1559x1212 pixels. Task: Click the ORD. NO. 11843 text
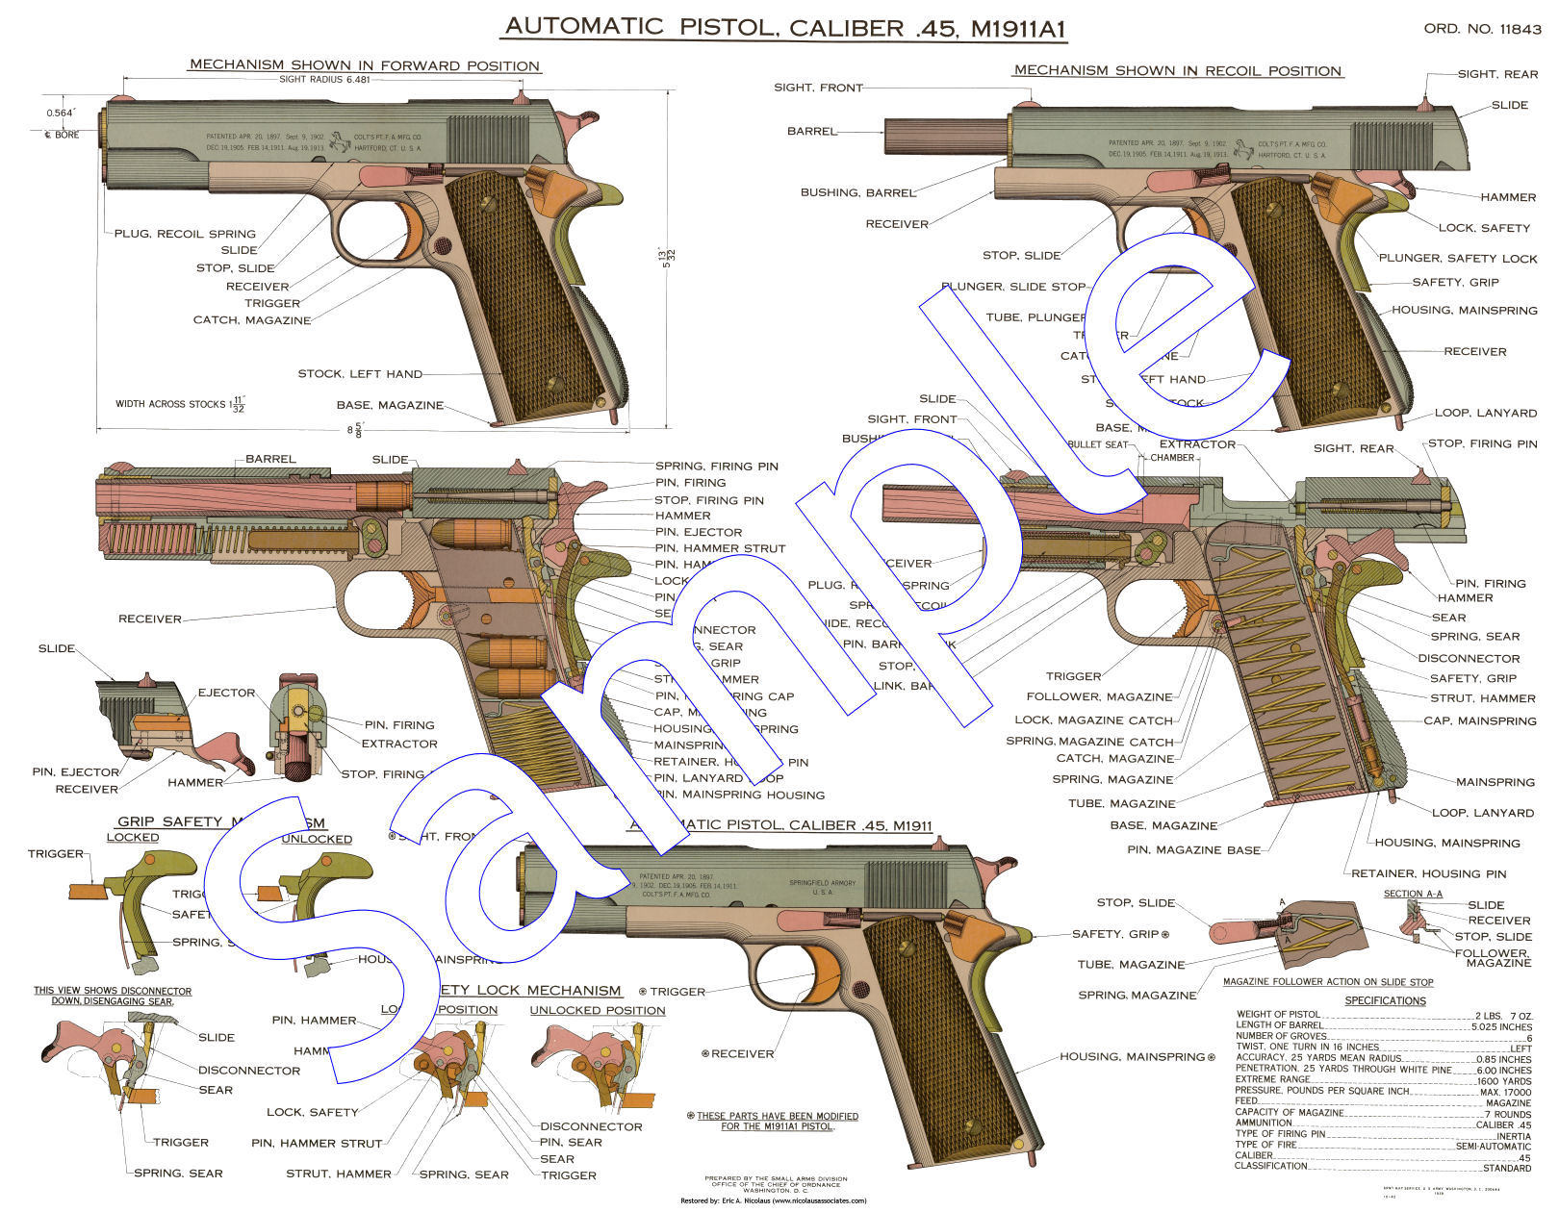pos(1482,29)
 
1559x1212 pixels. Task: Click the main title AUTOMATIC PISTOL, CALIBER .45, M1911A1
pos(783,27)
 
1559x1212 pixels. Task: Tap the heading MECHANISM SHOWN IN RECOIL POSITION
pos(1178,70)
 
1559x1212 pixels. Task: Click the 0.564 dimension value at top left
pos(60,113)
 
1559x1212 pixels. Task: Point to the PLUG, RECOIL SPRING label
pos(185,234)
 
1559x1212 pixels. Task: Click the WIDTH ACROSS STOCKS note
pos(180,405)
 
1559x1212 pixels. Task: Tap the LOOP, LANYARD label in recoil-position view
pos(1485,413)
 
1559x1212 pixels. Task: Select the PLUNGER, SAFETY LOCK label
pos(1457,258)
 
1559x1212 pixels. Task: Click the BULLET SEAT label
pos(1098,444)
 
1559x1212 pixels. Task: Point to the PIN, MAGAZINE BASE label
pos(1193,850)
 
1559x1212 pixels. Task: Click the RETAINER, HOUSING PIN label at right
pos(1428,873)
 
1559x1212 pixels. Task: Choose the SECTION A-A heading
pos(1413,894)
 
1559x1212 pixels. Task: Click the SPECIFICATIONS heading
pos(1385,1000)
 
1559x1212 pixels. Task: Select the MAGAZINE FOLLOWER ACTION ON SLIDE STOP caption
pos(1327,982)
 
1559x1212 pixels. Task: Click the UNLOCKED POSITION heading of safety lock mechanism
pos(597,1010)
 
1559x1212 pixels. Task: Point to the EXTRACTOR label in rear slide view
pos(398,744)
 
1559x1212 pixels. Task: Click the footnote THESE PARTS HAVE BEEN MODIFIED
pos(777,1121)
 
